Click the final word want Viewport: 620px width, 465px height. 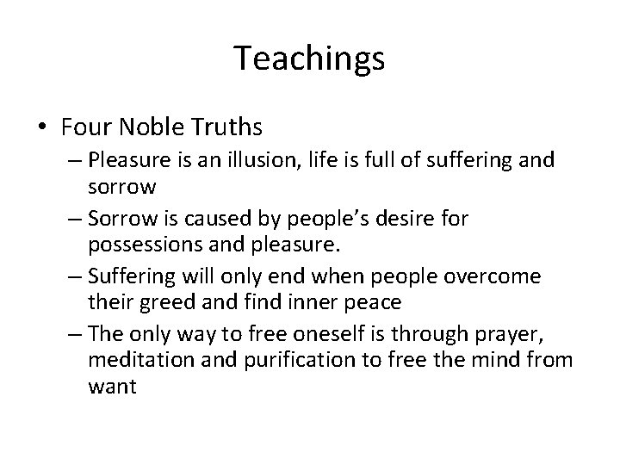pos(112,387)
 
